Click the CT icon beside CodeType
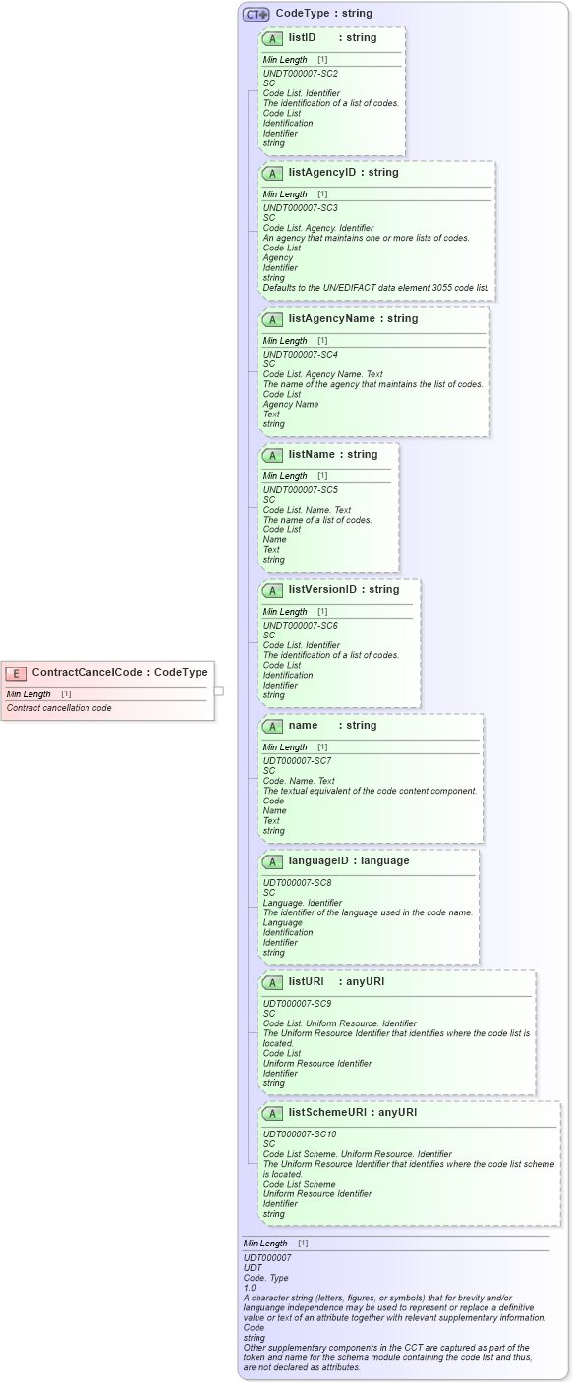point(257,15)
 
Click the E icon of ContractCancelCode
point(16,673)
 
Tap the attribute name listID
point(302,37)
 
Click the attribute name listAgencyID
point(321,172)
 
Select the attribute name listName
point(311,454)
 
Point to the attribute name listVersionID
point(322,589)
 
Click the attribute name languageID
point(321,860)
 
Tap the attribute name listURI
point(306,981)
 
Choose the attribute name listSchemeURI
point(326,1112)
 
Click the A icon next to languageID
point(273,861)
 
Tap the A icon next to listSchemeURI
point(273,1113)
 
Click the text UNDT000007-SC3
point(300,208)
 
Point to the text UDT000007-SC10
point(300,1134)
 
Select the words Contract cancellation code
point(59,708)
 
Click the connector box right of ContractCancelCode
point(219,691)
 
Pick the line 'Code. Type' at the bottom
point(264,1277)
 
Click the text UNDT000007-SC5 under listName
point(300,489)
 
